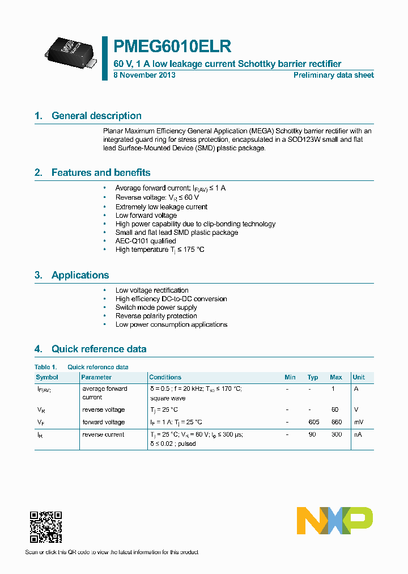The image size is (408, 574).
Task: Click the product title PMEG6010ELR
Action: click(x=172, y=46)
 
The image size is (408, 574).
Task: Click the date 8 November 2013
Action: click(x=144, y=75)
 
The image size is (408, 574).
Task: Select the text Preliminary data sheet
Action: click(x=333, y=75)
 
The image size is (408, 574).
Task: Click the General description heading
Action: click(x=96, y=116)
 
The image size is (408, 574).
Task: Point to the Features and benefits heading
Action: click(x=101, y=172)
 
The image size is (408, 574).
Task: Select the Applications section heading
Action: click(x=80, y=275)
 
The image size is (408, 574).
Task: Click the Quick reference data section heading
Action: click(x=99, y=349)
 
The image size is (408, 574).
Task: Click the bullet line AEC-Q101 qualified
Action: click(x=146, y=241)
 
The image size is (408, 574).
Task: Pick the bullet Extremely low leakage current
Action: click(x=161, y=207)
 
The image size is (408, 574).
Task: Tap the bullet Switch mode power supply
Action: click(x=156, y=307)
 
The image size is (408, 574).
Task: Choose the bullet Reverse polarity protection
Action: click(x=156, y=316)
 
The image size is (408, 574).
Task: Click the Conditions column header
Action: click(x=165, y=377)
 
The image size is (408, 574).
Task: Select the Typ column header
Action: click(x=313, y=377)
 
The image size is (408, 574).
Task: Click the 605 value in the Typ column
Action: click(x=313, y=422)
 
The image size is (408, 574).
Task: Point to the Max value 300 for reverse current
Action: click(x=335, y=434)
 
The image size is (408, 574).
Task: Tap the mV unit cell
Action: click(x=358, y=422)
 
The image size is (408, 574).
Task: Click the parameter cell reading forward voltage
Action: click(x=103, y=422)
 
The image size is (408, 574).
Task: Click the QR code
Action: click(x=46, y=527)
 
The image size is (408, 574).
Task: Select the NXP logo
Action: click(x=335, y=521)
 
